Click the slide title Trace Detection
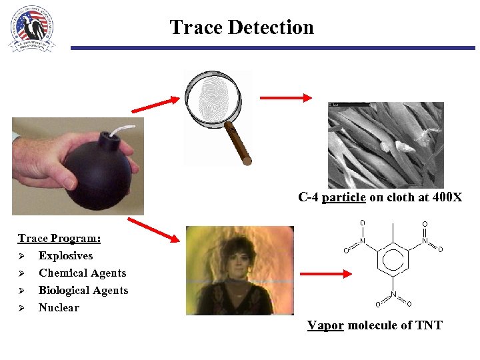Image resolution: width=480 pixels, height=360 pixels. pos(241,27)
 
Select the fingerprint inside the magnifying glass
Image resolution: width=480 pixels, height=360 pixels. pos(213,100)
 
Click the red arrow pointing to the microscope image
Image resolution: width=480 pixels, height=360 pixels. pos(285,98)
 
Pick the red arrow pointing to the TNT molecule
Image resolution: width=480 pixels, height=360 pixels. pos(326,273)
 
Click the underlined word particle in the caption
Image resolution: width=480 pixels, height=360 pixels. pos(343,197)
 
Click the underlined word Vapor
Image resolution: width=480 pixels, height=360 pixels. pos(325,325)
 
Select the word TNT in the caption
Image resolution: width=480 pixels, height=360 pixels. pos(429,325)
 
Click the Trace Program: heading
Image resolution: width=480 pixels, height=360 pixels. pos(59,238)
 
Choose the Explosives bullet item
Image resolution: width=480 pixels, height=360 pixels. pos(65,255)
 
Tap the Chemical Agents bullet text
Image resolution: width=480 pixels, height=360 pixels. pos(82,273)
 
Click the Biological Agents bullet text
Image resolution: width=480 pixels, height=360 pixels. pos(83,290)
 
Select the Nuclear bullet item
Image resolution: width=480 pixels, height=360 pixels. pos(59,307)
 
